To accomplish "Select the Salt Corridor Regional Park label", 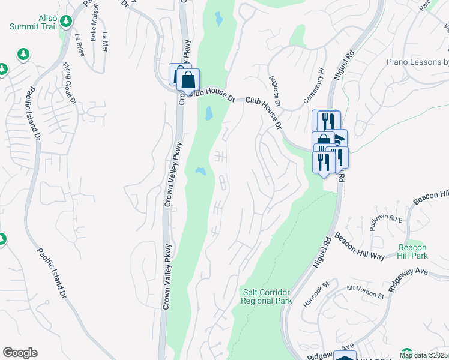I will (x=267, y=296).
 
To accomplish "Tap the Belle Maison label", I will (x=94, y=27).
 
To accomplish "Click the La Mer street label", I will (x=106, y=42).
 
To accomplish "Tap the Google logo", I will (x=20, y=353).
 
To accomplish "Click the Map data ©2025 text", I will (x=423, y=355).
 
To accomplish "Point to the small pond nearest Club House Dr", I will (x=208, y=112).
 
